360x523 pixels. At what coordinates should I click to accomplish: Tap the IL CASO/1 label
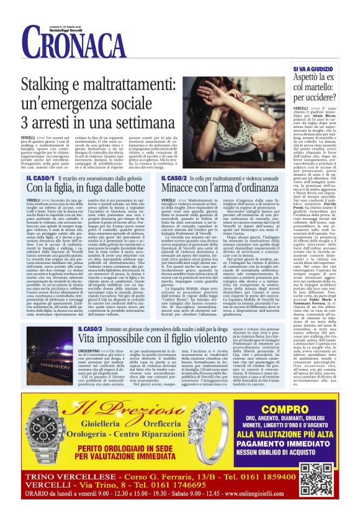42,178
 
